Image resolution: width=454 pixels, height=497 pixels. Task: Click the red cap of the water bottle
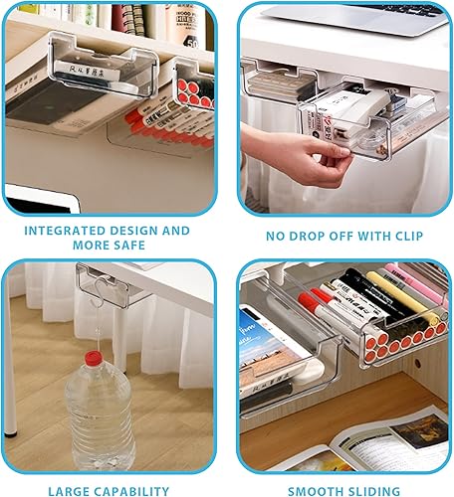tap(93, 356)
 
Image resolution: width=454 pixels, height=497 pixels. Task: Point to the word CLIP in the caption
tap(403, 237)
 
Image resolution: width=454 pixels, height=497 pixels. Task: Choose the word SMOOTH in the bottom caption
tap(316, 489)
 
